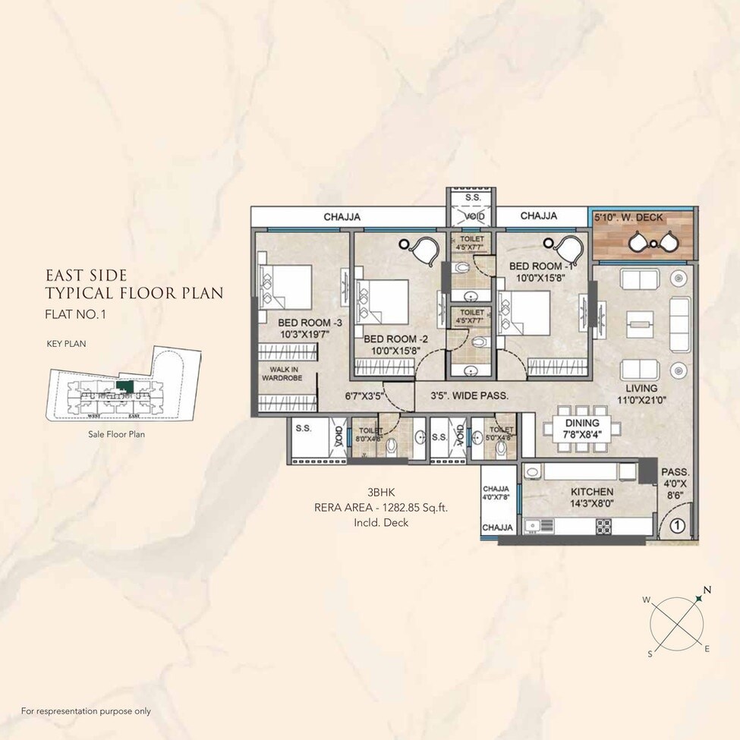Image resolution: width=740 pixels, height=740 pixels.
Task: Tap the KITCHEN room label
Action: [591, 492]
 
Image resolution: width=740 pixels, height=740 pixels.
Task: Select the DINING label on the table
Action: [581, 423]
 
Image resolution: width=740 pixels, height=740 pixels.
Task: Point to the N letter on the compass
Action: [707, 589]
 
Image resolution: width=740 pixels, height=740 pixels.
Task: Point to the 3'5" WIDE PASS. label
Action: [469, 395]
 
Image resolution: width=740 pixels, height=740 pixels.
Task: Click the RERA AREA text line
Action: [381, 509]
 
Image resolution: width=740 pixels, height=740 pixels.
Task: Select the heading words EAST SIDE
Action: [86, 275]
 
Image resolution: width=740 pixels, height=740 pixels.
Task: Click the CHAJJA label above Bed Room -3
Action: [342, 217]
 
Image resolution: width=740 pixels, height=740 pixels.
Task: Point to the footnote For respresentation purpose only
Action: [86, 711]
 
